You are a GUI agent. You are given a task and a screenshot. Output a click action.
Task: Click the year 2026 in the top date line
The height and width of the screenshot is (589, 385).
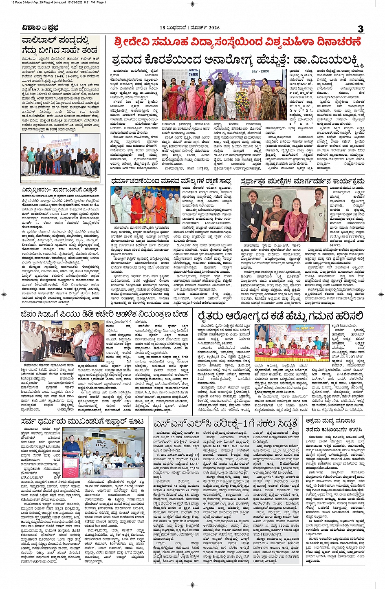coord(212,28)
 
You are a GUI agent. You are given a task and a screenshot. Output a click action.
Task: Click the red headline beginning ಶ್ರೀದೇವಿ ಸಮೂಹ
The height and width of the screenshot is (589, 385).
coord(238,42)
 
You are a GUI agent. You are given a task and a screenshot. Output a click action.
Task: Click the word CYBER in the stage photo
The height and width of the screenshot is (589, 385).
coord(193,75)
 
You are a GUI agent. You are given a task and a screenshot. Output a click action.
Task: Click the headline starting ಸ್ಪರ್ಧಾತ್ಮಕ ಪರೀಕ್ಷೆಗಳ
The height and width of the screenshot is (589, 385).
coord(302,181)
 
